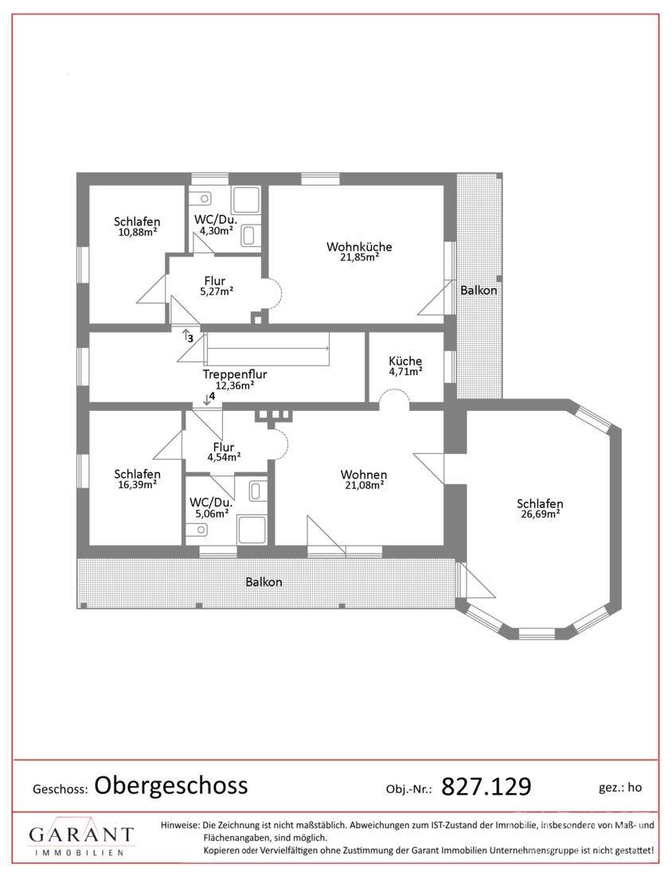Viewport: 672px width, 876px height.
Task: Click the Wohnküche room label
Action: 359,246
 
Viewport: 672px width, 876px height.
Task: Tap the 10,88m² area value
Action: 137,233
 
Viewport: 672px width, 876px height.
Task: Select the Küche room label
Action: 405,361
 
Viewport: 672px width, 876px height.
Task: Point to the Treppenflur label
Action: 235,374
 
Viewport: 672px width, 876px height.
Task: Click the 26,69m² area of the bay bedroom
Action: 540,514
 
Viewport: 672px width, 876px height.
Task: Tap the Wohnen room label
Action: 364,475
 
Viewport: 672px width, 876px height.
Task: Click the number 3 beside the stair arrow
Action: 190,338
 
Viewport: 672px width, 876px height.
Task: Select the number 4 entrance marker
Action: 212,396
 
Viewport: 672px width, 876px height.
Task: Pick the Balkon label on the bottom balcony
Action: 264,581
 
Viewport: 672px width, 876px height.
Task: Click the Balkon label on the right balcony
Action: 479,291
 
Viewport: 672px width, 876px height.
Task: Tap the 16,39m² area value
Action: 137,484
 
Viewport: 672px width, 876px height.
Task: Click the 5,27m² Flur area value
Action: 217,291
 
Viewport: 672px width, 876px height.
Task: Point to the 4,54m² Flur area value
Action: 224,457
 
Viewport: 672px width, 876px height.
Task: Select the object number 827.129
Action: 486,787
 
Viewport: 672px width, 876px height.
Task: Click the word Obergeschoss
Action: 171,785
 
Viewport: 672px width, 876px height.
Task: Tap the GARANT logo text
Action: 81,835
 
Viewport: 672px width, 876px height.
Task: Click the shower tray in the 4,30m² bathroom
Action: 245,200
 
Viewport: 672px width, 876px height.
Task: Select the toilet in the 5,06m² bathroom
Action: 197,529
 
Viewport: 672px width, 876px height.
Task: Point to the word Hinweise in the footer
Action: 180,825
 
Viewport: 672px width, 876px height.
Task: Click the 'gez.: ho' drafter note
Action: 620,788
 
